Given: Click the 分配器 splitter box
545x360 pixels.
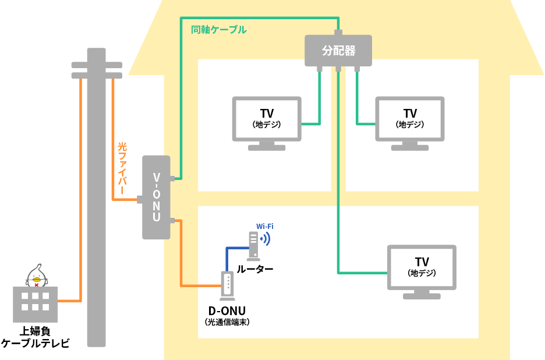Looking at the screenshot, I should point(338,51).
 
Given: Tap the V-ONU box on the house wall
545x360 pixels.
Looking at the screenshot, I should point(156,197).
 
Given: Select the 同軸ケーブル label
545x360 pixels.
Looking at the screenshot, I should point(218,29).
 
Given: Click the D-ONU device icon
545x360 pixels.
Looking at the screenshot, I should point(227,285).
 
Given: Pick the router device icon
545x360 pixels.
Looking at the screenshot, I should point(253,245).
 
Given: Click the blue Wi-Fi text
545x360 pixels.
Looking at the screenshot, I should point(265,226).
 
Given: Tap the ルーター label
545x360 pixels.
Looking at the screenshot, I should point(254,269).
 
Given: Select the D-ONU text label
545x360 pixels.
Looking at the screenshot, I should point(227,310).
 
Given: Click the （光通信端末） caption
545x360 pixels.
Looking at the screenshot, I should point(227,322).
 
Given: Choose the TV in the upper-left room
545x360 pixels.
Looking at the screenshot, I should point(267,119).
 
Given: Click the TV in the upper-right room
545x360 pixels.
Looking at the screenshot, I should point(410,119).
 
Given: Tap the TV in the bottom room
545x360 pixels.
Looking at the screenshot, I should point(422,267).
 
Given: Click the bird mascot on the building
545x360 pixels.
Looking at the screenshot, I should point(36,276).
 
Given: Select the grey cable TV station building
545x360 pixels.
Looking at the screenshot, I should point(35,303).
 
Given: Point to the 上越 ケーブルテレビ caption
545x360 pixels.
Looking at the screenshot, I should point(35,337).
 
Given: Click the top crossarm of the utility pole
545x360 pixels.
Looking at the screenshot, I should point(96,63).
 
